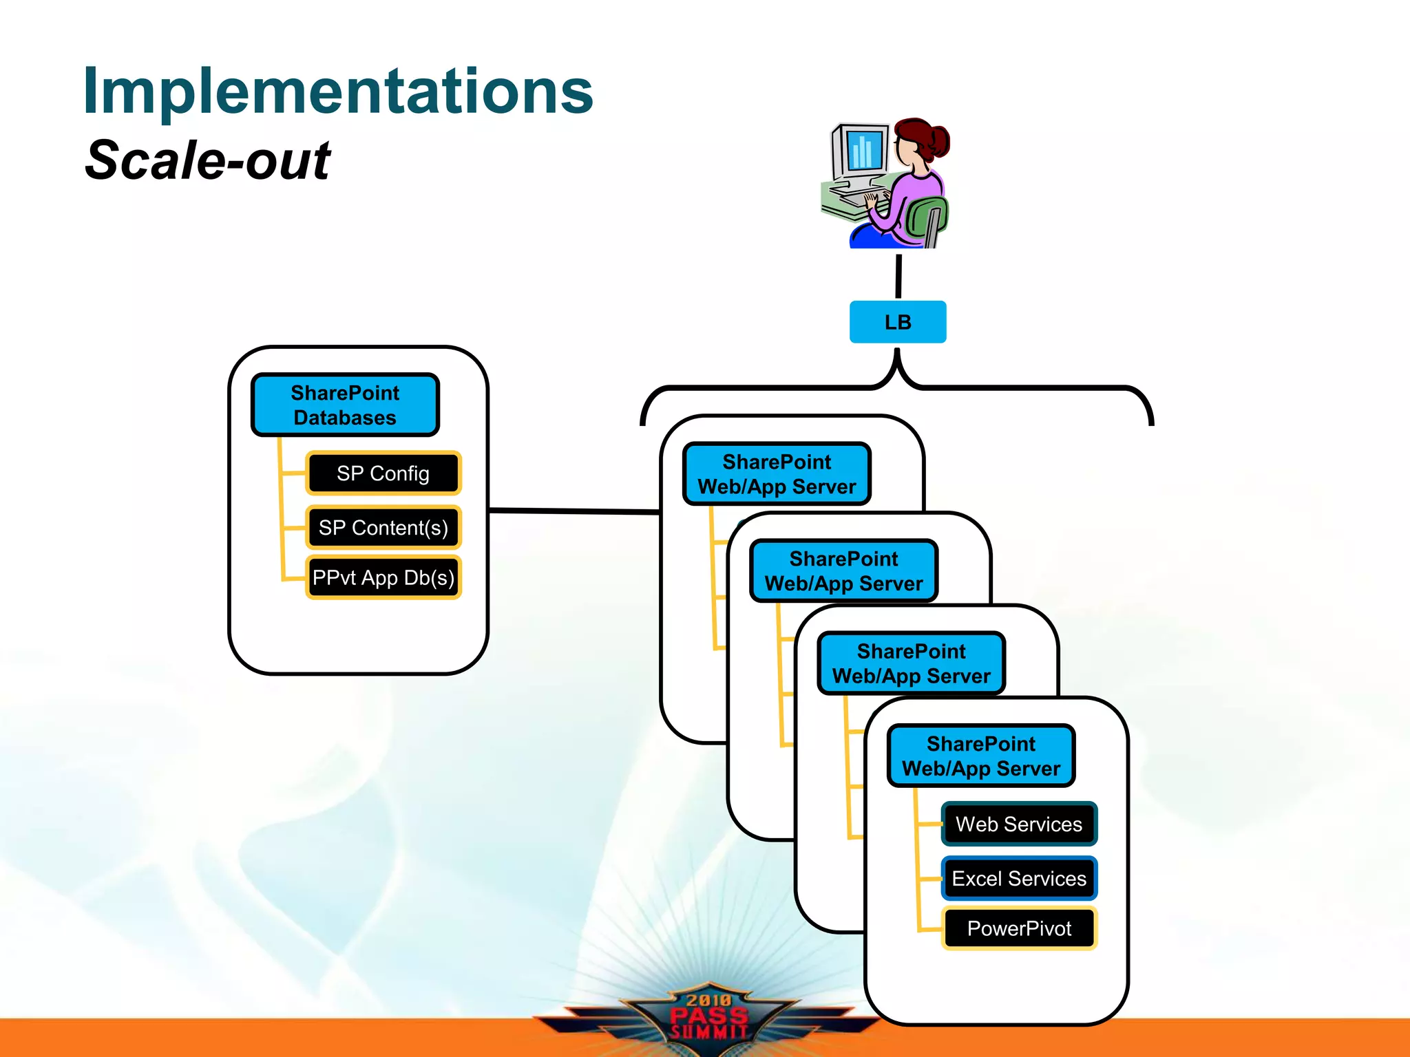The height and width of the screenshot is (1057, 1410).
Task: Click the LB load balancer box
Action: pyautogui.click(x=897, y=322)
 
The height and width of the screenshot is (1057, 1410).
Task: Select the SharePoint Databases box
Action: pyautogui.click(x=345, y=405)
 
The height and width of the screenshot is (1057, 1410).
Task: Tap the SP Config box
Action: pyautogui.click(x=383, y=473)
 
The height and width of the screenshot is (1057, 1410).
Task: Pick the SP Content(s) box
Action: pyautogui.click(x=383, y=528)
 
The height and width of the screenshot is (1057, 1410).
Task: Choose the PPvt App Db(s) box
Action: pyautogui.click(x=383, y=577)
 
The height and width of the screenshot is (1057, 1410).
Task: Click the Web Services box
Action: pyautogui.click(x=1018, y=824)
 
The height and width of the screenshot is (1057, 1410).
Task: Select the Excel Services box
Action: pyautogui.click(x=1018, y=878)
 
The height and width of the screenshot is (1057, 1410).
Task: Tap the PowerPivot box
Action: pyautogui.click(x=1018, y=928)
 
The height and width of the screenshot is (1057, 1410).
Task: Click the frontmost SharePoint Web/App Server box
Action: pyautogui.click(x=981, y=756)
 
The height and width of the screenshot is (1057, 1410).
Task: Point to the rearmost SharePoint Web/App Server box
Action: pyautogui.click(x=777, y=474)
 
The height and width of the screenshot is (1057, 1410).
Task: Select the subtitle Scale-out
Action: pyautogui.click(x=207, y=160)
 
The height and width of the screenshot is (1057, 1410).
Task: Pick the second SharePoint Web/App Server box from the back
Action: pyautogui.click(x=843, y=570)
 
